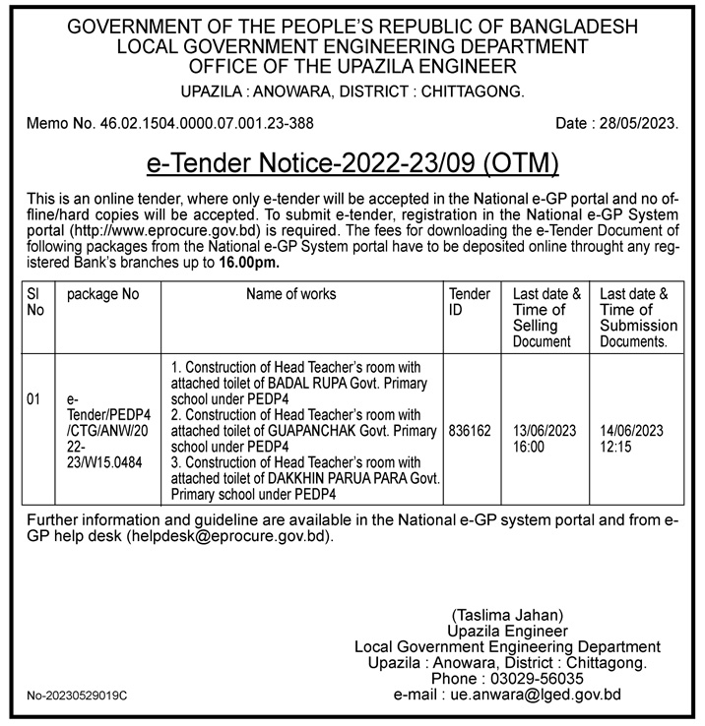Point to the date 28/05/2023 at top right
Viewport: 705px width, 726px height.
pyautogui.click(x=645, y=124)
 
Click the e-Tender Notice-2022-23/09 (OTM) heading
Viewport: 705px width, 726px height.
pyautogui.click(x=352, y=160)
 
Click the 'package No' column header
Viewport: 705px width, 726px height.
pyautogui.click(x=102, y=294)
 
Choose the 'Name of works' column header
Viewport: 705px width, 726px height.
pyautogui.click(x=290, y=294)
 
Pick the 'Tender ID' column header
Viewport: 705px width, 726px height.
pyautogui.click(x=470, y=302)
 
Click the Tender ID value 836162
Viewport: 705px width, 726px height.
pyautogui.click(x=470, y=431)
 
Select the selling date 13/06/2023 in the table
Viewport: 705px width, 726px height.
pyautogui.click(x=545, y=431)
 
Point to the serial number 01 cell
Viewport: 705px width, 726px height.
pyautogui.click(x=34, y=399)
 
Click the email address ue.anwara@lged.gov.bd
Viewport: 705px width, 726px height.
pyautogui.click(x=536, y=695)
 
